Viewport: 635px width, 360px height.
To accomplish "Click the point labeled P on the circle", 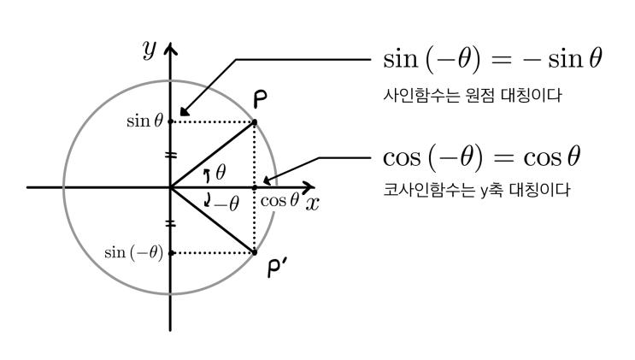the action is pos(255,122).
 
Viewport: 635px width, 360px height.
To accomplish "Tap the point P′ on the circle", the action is pos(255,252).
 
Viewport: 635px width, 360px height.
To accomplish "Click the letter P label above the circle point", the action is pos(261,99).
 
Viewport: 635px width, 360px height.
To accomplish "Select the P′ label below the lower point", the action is pos(277,268).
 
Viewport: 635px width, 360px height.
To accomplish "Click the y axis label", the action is pos(150,50).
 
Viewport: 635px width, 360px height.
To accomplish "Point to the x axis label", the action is pos(312,204).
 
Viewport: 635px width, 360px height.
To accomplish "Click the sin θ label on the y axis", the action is pos(145,121).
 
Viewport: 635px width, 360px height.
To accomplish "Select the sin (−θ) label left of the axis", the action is pos(133,252).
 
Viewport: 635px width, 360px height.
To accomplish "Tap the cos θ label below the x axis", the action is pos(279,200).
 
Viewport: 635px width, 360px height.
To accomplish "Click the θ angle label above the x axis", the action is pos(220,172).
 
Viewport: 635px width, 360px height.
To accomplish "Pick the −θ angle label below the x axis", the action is pos(226,204).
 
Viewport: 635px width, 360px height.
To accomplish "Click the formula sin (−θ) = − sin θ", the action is pos(492,59).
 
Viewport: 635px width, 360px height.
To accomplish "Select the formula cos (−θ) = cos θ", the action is pos(482,156).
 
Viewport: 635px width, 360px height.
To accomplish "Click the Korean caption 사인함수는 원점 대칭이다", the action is pos(473,96).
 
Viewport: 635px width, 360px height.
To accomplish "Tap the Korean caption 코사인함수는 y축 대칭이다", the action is pos(477,190).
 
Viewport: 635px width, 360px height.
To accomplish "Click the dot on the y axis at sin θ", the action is pos(170,121).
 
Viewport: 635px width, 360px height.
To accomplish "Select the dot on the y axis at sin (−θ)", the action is pos(171,253).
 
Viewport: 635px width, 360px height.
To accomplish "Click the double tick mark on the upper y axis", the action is pos(170,155).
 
